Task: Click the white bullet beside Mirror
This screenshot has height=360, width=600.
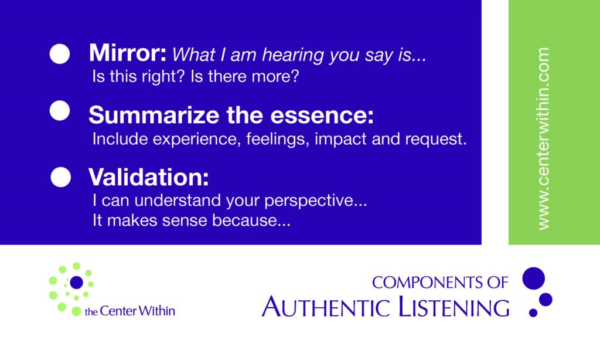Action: (60, 53)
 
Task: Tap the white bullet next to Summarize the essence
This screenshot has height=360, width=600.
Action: (60, 111)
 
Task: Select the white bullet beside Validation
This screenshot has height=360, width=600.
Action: (61, 177)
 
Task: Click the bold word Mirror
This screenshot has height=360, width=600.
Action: (127, 52)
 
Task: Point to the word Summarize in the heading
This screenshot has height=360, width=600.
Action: (155, 115)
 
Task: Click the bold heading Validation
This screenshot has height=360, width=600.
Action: (149, 177)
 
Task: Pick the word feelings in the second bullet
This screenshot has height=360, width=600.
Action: (277, 139)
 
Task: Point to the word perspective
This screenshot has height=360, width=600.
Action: (315, 201)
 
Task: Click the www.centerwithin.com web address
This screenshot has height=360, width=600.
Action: (543, 138)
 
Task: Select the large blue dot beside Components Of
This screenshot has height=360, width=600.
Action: (533, 279)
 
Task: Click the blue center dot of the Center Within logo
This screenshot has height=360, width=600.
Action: (77, 282)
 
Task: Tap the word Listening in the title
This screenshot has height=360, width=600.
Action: (454, 307)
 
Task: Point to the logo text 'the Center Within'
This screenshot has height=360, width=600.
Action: (129, 311)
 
